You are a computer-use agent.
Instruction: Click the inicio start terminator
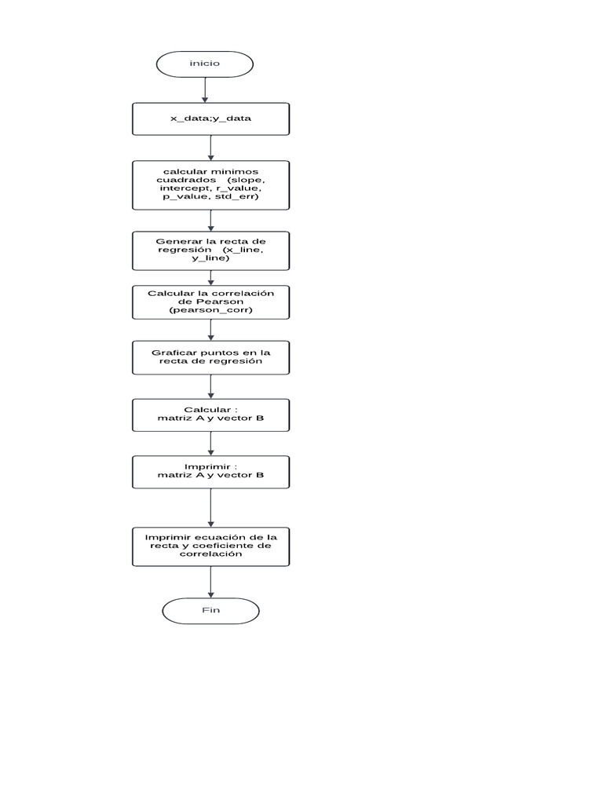[204, 64]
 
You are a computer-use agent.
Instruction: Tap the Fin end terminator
[210, 611]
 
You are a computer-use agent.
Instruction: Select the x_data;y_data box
[210, 119]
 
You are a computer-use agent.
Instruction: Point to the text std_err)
[239, 198]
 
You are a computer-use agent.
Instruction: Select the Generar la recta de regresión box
[210, 250]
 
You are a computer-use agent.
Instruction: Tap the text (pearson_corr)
[210, 311]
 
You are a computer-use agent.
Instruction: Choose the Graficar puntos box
[210, 358]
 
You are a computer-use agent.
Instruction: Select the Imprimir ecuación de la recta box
[210, 545]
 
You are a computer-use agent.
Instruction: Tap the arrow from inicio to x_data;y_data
[205, 90]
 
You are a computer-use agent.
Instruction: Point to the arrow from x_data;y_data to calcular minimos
[210, 148]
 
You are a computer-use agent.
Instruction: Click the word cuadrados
[185, 180]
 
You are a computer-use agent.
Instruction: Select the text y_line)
[210, 258]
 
